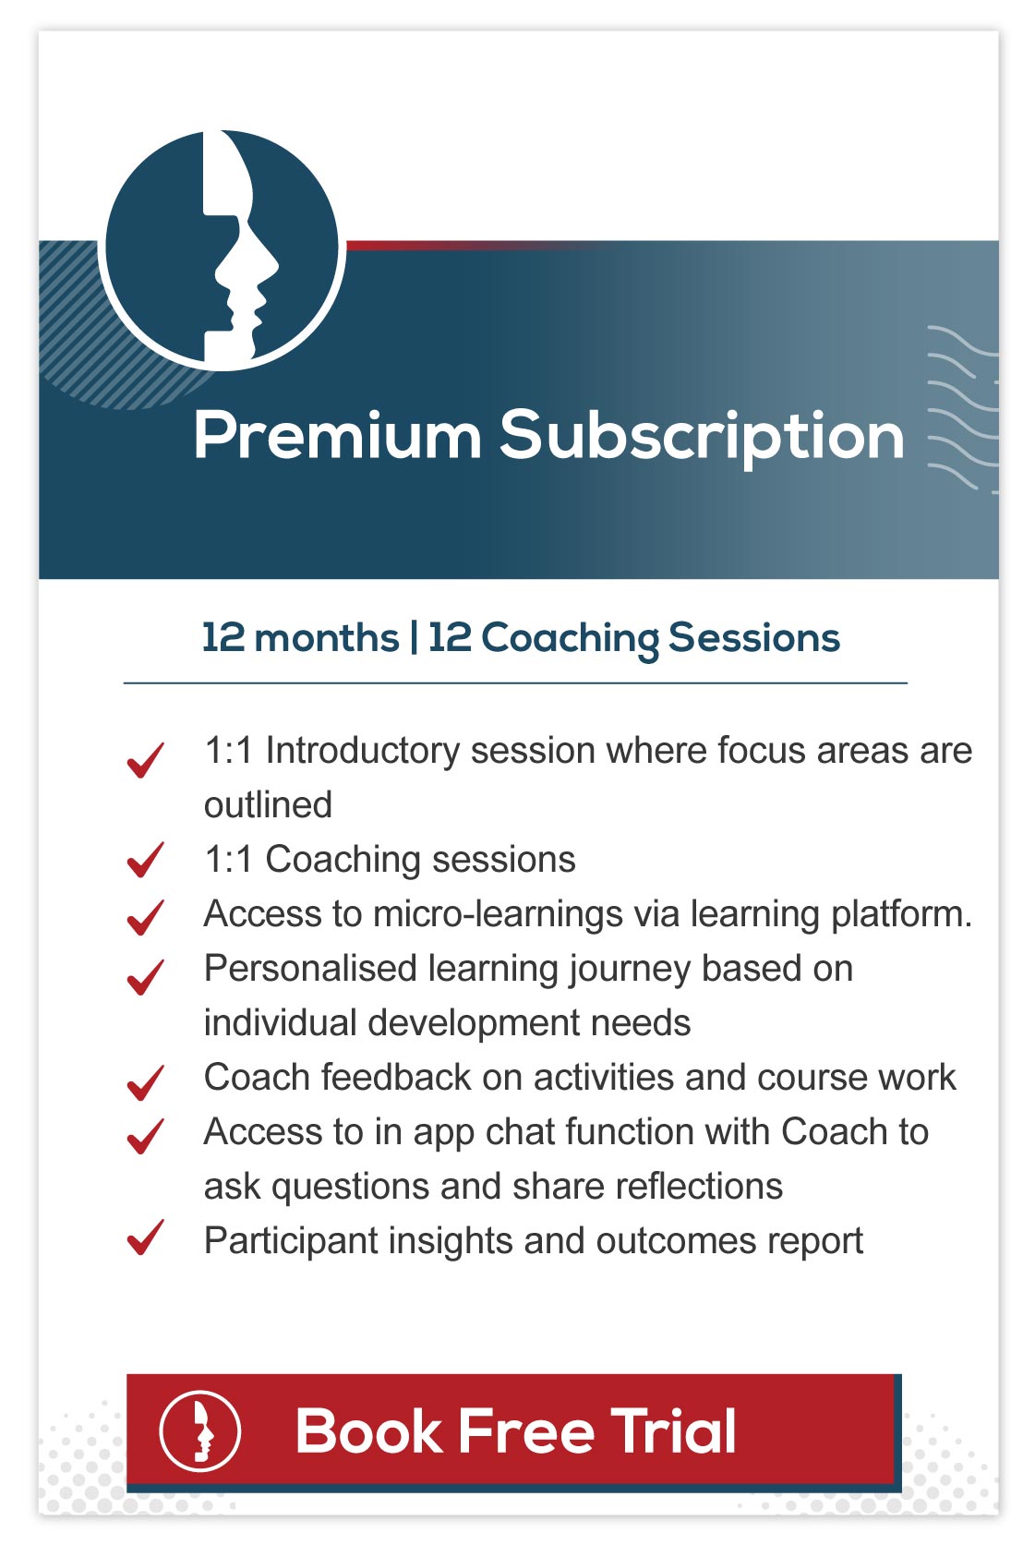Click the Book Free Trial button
pyautogui.click(x=513, y=1432)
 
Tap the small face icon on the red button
pyautogui.click(x=200, y=1431)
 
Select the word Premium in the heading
pyautogui.click(x=338, y=435)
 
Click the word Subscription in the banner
pyautogui.click(x=702, y=439)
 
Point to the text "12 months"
pyautogui.click(x=301, y=637)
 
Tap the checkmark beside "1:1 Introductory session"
pyautogui.click(x=146, y=759)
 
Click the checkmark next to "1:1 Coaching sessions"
pyautogui.click(x=146, y=860)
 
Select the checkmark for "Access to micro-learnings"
pyautogui.click(x=146, y=917)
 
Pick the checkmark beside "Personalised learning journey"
pyautogui.click(x=146, y=977)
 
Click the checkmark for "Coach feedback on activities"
pyautogui.click(x=146, y=1082)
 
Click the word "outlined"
pyautogui.click(x=269, y=804)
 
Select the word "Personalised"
pyautogui.click(x=310, y=968)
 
